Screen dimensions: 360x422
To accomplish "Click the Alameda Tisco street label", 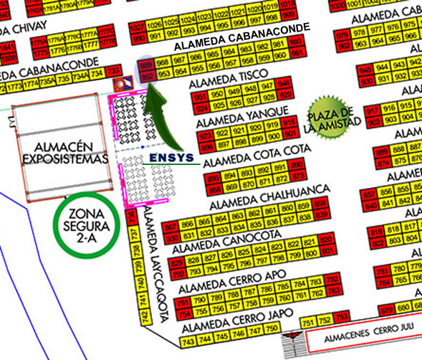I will (x=229, y=79).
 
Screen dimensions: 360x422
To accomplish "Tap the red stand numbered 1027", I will (x=135, y=27).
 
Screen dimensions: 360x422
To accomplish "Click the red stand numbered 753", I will (x=342, y=318).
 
